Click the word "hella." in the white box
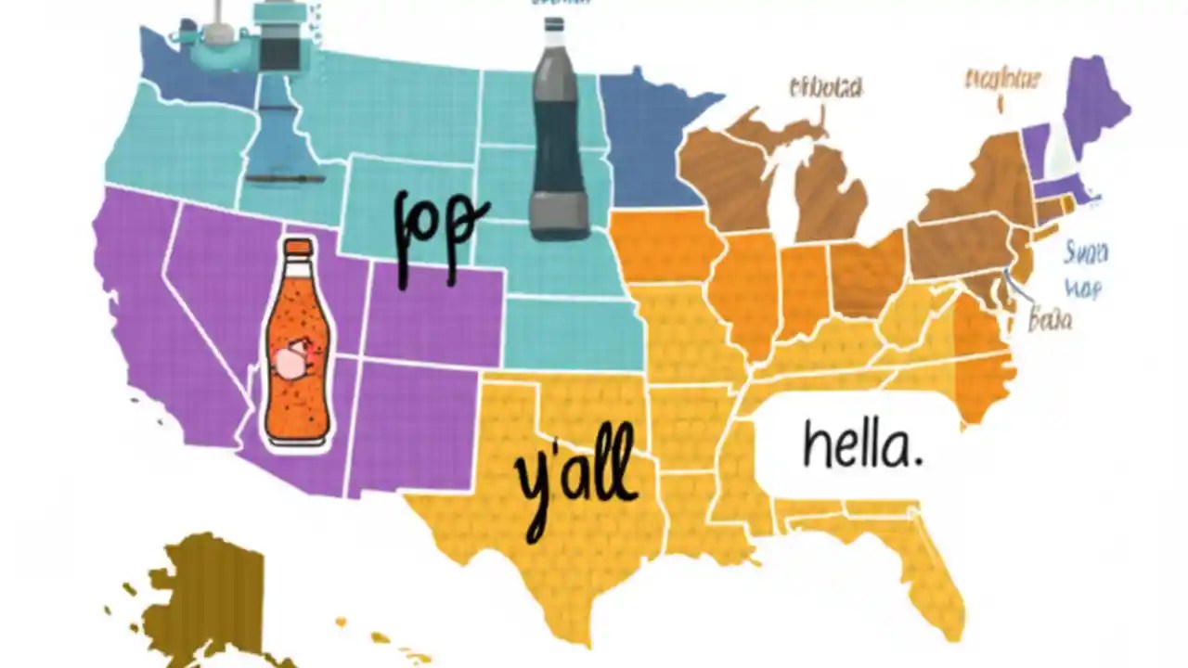click(862, 445)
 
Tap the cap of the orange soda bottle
click(298, 249)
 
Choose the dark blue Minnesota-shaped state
click(645, 139)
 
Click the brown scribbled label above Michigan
click(825, 88)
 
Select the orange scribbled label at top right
click(1002, 80)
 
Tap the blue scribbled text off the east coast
click(1084, 269)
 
